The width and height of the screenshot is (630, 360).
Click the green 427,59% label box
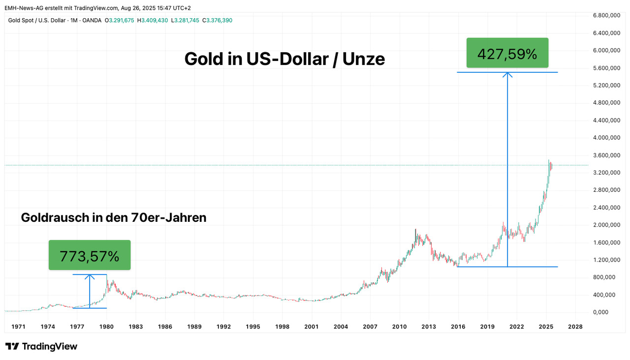pyautogui.click(x=507, y=53)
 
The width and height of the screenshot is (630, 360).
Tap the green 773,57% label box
pyautogui.click(x=90, y=255)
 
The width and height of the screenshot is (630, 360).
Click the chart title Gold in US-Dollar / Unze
pyautogui.click(x=284, y=59)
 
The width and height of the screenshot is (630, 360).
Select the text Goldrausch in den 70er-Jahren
pyautogui.click(x=113, y=217)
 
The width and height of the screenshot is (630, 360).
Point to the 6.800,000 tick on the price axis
pyautogui.click(x=606, y=16)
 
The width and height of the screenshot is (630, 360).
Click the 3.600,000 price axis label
pyautogui.click(x=606, y=155)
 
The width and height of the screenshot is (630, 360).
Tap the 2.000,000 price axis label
pyautogui.click(x=606, y=225)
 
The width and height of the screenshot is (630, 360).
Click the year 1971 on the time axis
pyautogui.click(x=18, y=327)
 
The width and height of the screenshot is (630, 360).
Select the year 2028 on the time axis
pyautogui.click(x=575, y=327)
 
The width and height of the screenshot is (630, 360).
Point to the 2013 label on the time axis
pyautogui.click(x=429, y=327)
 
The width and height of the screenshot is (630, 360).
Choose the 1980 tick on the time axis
pyautogui.click(x=107, y=327)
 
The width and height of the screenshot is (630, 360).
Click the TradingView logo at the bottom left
pyautogui.click(x=41, y=346)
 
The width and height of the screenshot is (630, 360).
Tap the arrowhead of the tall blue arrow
pyautogui.click(x=507, y=74)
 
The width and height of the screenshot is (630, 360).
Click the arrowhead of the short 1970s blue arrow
pyautogui.click(x=90, y=276)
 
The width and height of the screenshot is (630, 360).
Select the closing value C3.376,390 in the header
pyautogui.click(x=217, y=20)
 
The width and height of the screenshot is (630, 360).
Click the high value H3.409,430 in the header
pyautogui.click(x=153, y=20)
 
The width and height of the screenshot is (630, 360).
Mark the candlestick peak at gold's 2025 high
pyautogui.click(x=549, y=160)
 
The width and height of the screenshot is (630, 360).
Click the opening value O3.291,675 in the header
pyautogui.click(x=120, y=20)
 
